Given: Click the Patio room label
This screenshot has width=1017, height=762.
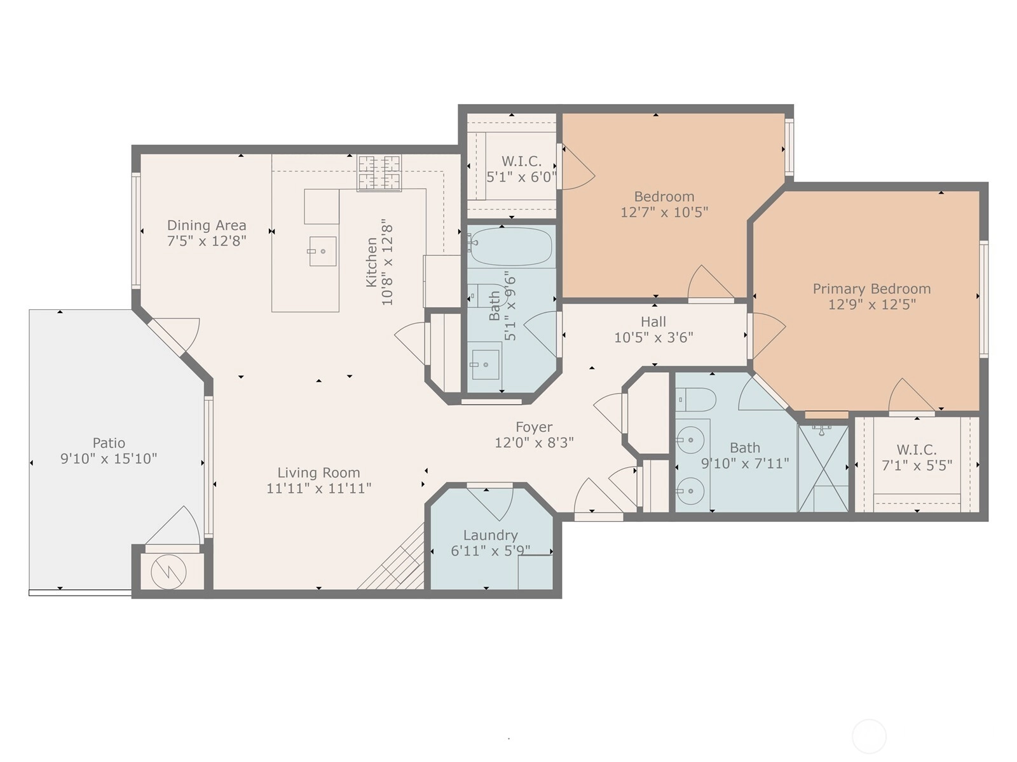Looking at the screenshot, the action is click(x=109, y=443).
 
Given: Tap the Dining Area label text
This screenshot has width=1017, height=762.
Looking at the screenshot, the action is click(x=207, y=225).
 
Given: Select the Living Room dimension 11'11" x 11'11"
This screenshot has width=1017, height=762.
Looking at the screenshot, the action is click(x=319, y=488).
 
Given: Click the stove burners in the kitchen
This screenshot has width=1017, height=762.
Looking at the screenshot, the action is click(x=379, y=173).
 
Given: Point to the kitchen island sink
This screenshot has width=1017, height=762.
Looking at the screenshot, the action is click(x=322, y=251).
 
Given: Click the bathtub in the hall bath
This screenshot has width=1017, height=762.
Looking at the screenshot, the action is click(x=511, y=246).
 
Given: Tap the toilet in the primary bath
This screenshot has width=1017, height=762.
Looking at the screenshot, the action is click(x=695, y=400).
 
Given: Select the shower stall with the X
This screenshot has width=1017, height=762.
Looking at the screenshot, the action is click(x=823, y=469).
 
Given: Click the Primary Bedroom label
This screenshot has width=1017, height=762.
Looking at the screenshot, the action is click(x=871, y=289).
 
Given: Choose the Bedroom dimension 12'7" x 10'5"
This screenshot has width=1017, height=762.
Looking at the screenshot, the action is click(x=664, y=212).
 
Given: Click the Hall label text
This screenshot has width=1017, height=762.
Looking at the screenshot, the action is click(x=653, y=321).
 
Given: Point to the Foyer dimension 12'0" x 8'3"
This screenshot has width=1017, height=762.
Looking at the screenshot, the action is click(x=534, y=443).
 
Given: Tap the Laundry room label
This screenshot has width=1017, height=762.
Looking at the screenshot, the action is click(x=491, y=535).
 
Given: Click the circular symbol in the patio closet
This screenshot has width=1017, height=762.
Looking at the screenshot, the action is click(x=168, y=572).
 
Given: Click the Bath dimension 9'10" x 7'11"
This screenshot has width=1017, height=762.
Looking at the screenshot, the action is click(x=745, y=464).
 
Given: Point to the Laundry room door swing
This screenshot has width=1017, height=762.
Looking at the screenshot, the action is click(x=496, y=504).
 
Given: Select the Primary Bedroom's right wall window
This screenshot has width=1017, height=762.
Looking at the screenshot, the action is click(x=983, y=299).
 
